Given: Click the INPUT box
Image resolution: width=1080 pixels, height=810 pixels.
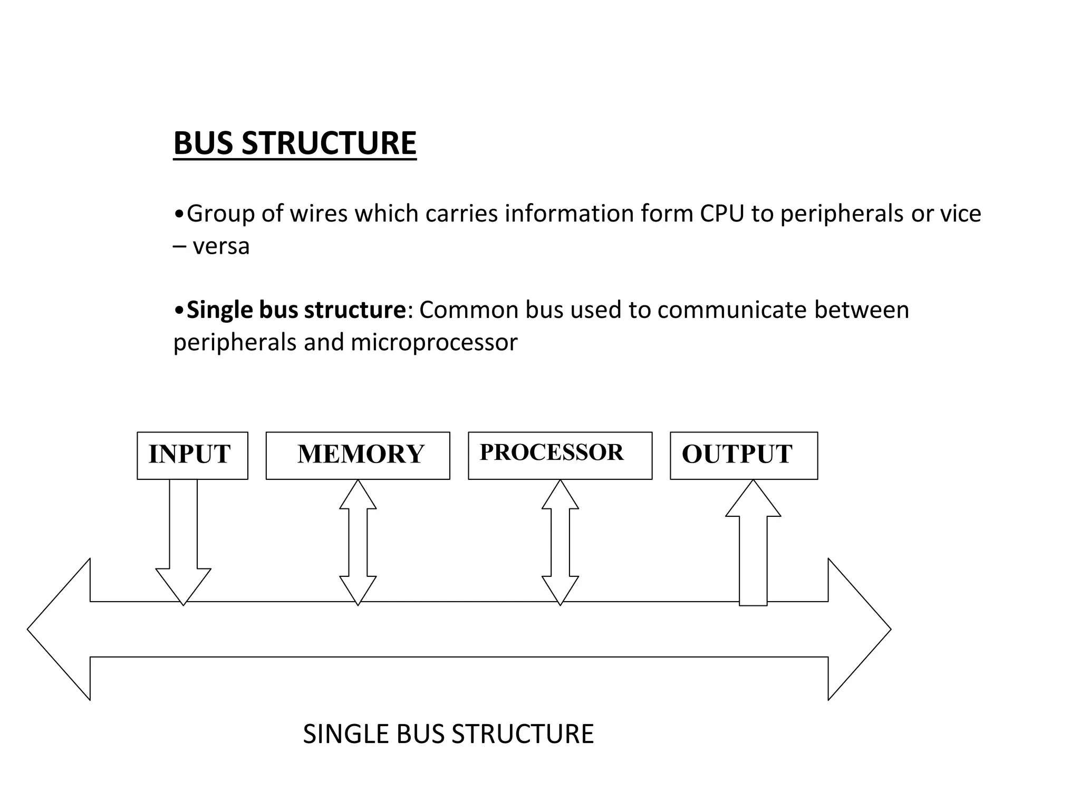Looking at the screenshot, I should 192,455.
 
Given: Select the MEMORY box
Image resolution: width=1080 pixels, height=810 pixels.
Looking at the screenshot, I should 358,455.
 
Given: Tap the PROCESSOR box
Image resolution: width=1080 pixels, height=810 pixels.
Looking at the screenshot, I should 560,455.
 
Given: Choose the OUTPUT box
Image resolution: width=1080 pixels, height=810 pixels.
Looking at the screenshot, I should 744,455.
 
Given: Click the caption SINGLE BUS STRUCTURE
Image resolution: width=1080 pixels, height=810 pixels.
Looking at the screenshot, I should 448,734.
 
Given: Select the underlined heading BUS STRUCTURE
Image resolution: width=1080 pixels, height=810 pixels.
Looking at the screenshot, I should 295,143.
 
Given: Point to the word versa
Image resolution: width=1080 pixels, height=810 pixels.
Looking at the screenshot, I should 221,246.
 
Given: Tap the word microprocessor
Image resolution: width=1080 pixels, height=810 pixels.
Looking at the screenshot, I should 434,342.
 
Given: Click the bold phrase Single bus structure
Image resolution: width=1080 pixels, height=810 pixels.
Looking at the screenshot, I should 296,310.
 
